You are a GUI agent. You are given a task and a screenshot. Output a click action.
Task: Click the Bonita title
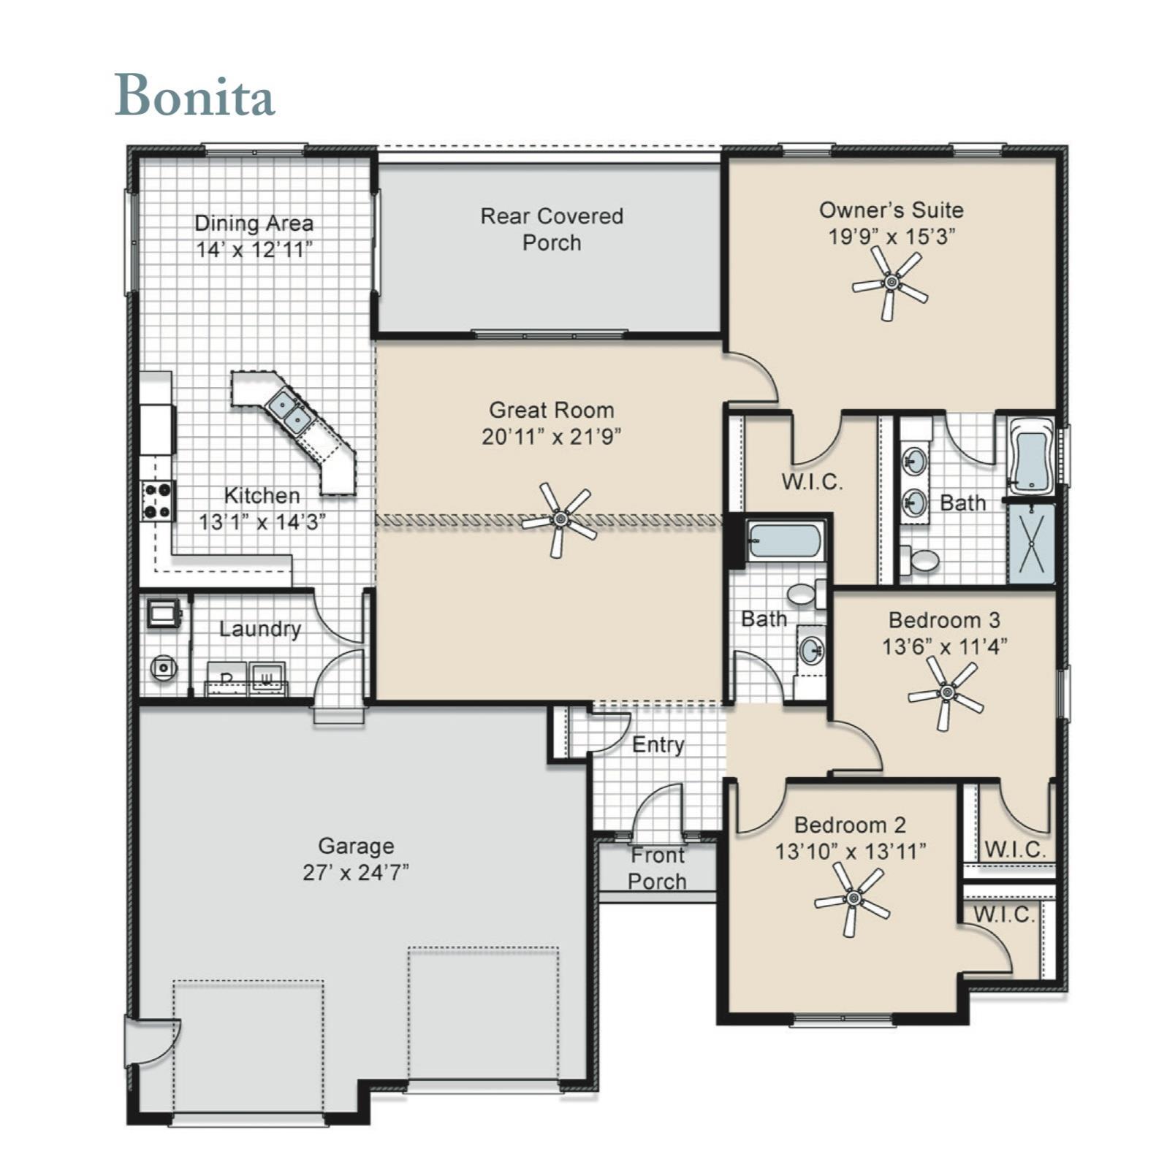click(194, 95)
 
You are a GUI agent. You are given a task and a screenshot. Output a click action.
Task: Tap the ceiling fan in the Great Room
click(559, 519)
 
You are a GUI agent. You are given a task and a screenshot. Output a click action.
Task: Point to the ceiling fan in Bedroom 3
click(946, 692)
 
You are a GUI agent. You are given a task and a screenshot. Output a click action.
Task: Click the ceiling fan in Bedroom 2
click(852, 898)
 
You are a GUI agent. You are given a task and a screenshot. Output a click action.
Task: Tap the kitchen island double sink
click(289, 412)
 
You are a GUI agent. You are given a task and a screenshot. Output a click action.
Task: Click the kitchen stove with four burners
click(158, 500)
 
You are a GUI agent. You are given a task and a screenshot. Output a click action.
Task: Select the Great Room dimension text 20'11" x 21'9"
click(551, 437)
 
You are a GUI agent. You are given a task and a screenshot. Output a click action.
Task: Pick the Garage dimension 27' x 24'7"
click(356, 872)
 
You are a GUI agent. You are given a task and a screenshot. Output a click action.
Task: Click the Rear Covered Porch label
click(552, 229)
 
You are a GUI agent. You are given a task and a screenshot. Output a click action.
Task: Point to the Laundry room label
click(260, 629)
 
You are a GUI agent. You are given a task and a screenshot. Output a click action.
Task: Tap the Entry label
click(658, 745)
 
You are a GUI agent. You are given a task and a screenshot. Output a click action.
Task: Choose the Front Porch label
click(657, 868)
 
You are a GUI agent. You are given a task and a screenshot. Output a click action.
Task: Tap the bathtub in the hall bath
click(785, 540)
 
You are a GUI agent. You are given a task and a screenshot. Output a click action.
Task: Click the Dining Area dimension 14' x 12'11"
click(254, 250)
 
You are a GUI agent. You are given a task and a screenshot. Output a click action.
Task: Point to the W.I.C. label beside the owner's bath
click(812, 482)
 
